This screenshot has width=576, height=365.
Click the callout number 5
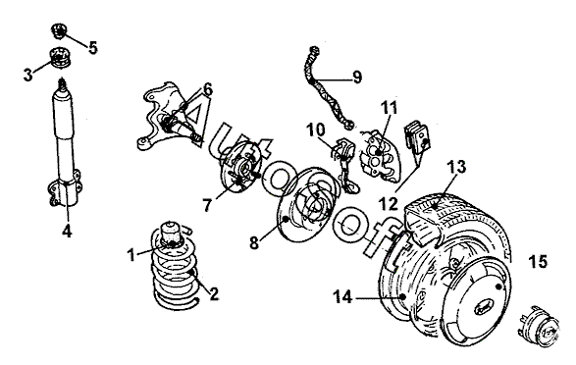[92, 47]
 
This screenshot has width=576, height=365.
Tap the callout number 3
[27, 75]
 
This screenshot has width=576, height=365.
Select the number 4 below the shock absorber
[67, 231]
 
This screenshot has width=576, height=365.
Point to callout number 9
[357, 77]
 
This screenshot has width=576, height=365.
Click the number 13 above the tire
[456, 167]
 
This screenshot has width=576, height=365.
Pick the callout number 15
[538, 261]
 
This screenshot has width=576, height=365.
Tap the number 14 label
[342, 296]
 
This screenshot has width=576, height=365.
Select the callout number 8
[254, 242]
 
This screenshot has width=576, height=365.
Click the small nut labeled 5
[59, 30]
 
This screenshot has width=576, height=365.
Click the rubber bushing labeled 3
[60, 57]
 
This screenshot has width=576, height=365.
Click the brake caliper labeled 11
[379, 155]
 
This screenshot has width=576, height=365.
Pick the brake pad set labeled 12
[417, 138]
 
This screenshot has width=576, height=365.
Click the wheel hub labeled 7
[238, 168]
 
